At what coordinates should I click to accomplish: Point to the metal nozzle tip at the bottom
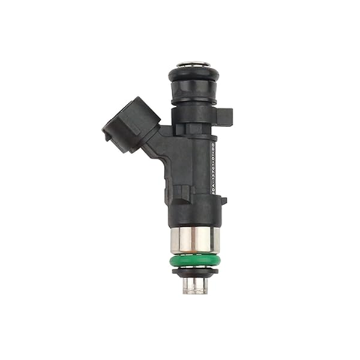pyautogui.click(x=196, y=283)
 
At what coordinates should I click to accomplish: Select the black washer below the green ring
pyautogui.click(x=196, y=271)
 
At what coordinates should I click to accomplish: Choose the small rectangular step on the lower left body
pyautogui.click(x=185, y=193)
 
